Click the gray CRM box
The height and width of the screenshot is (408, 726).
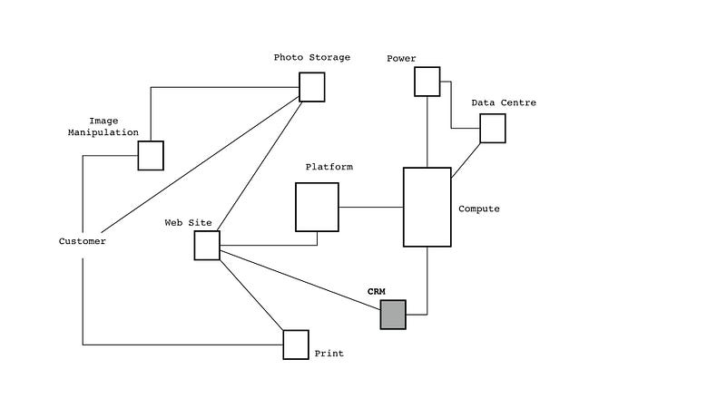pos(393,315)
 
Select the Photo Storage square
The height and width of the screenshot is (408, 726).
pos(312,87)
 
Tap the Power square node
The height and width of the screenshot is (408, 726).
pos(427,82)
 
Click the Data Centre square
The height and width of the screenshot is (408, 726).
pos(492,129)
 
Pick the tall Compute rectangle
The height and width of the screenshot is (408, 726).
pos(427,207)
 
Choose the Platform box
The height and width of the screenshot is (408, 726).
pos(317,207)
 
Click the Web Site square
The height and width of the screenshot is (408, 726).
pos(207,245)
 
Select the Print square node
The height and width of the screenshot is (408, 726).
pos(296,345)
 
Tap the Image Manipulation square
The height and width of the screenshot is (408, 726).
pos(151,155)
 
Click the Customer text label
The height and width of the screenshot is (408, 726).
pos(83,241)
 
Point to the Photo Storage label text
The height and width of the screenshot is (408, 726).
pos(311,57)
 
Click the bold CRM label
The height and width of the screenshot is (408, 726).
pos(377,291)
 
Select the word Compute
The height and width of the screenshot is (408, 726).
pos(478,209)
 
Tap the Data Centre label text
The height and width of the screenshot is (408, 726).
pos(504,102)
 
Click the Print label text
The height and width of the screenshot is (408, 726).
pos(329,354)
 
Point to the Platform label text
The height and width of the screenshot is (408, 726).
pos(329,167)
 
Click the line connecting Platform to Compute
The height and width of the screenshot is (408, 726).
pos(371,208)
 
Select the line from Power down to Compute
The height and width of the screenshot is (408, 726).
pos(427,131)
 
